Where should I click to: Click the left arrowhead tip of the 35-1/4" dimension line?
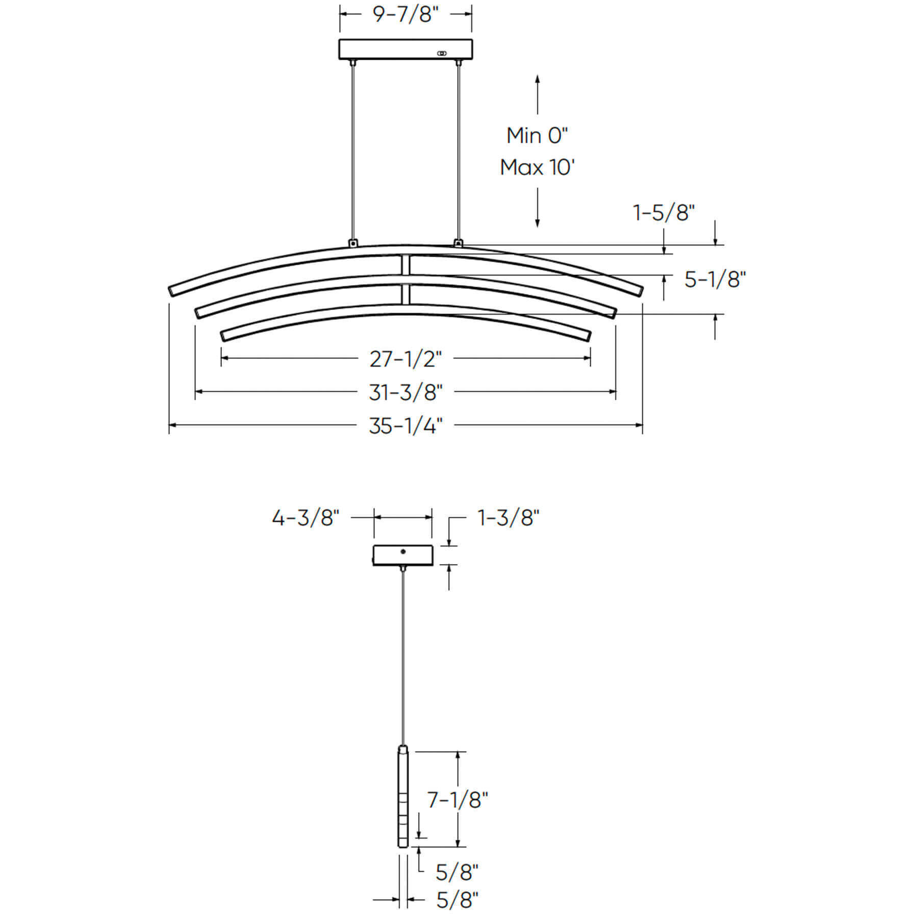pos(169,424)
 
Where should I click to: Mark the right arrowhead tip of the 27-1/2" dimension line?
pos(591,358)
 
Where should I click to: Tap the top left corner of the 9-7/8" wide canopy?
pos(340,40)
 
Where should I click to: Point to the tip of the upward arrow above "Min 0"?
pos(537,75)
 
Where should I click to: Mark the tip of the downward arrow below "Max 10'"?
pos(537,227)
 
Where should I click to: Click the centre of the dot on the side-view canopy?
pos(403,551)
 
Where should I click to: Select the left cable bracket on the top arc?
pos(352,243)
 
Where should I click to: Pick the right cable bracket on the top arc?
pos(459,243)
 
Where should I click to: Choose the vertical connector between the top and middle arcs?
pos(405,266)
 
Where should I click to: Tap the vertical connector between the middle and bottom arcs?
pos(405,293)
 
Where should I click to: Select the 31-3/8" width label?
pos(405,392)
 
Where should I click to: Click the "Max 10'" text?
pos(537,168)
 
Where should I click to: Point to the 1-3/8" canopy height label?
pos(509,518)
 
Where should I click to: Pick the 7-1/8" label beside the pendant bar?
pos(458,800)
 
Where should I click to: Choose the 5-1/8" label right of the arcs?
pos(715,280)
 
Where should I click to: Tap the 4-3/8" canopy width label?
pos(306,518)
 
